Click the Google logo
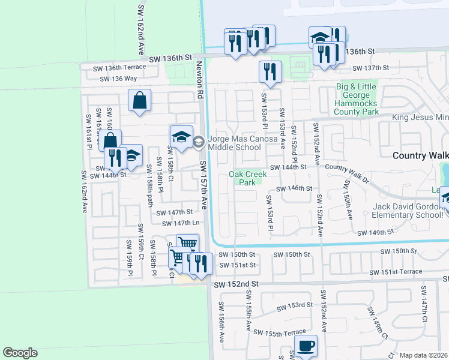(20, 353)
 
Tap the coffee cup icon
(306, 346)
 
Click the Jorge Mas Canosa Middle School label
(243, 143)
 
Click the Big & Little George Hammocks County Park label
(357, 99)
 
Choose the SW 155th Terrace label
(279, 332)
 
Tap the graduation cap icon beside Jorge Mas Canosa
(181, 138)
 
